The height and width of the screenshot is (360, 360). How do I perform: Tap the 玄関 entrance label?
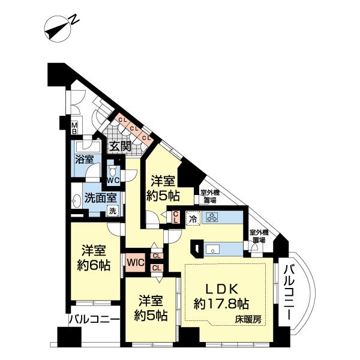(119, 146)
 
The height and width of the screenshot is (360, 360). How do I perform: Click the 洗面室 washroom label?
(96, 197)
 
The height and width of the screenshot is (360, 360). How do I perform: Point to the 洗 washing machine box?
(112, 211)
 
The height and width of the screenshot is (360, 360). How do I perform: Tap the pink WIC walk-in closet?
(134, 262)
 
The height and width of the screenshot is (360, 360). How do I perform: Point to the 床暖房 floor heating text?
(248, 320)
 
